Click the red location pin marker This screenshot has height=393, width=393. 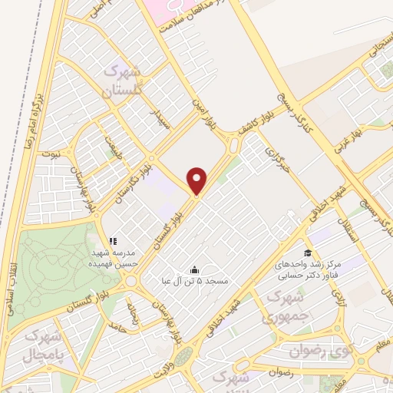198,180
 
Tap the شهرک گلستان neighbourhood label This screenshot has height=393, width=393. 124,84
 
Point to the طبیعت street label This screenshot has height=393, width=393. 114,143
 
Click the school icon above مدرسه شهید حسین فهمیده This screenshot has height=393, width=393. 113,241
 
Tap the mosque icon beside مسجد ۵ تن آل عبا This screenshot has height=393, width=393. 193,269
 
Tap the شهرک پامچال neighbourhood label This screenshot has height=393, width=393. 39,346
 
